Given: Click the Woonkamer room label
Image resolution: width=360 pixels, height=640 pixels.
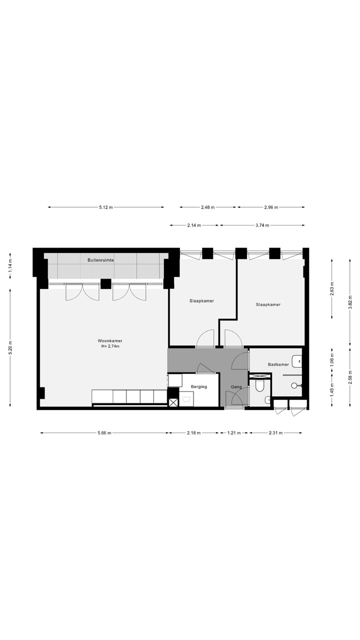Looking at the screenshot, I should click(110, 340).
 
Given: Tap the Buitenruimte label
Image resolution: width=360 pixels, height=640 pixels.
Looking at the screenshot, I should click(100, 260).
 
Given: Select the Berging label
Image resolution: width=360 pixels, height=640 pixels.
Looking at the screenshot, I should click(198, 386).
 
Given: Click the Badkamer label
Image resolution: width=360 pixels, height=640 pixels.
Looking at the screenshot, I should click(278, 364).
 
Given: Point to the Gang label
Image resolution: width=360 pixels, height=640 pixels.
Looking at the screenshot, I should click(236, 387).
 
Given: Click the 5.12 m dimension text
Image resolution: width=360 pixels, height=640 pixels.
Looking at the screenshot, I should click(105, 207).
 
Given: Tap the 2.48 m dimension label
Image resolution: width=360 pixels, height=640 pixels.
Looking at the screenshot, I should click(207, 207).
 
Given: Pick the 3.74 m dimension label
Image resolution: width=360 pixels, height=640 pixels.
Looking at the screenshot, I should click(262, 225).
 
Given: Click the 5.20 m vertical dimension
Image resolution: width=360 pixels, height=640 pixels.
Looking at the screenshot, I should click(10, 347).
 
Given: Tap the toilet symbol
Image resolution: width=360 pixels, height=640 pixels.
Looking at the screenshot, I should click(259, 385).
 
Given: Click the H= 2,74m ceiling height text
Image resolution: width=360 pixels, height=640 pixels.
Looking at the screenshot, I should click(110, 346).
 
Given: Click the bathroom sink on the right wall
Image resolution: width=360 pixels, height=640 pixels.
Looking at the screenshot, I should click(297, 360).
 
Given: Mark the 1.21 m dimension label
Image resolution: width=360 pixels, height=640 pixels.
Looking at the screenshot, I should click(234, 433).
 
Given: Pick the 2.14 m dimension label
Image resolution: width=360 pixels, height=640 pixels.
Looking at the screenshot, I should click(194, 225).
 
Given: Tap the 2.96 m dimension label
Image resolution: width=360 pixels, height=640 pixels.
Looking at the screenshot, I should click(271, 207).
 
